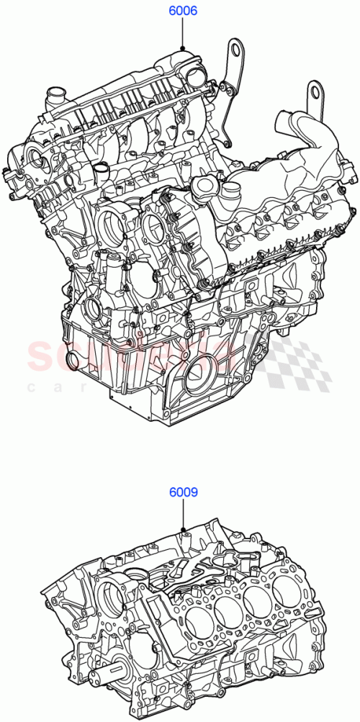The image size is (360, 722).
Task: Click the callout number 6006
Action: point(183,12)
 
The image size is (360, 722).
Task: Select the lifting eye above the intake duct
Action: point(314,91)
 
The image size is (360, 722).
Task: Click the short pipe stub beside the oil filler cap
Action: point(231,192)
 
